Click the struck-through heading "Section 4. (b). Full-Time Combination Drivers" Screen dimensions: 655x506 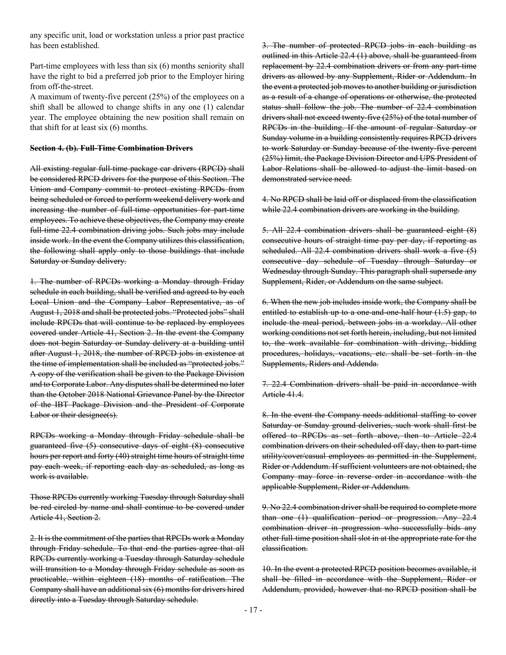[x=111, y=148]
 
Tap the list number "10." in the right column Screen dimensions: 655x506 [x=267, y=569]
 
